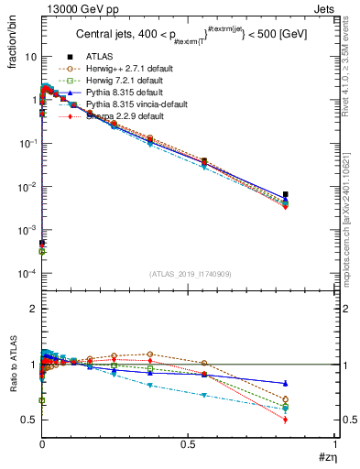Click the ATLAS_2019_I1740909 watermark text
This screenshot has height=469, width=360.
190,274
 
